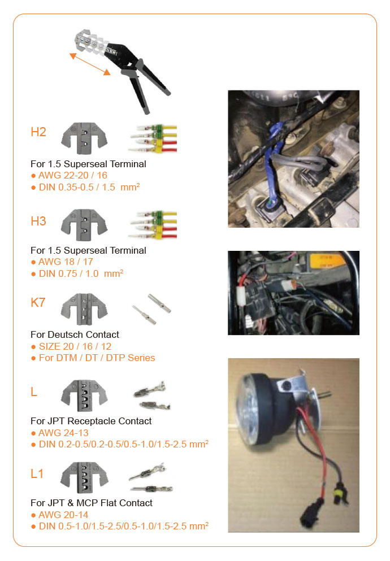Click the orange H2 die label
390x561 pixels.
pyautogui.click(x=38, y=132)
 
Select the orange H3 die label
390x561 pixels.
pyautogui.click(x=38, y=221)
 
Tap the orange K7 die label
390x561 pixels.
pyautogui.click(x=38, y=302)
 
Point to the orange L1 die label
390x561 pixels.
pyautogui.click(x=37, y=473)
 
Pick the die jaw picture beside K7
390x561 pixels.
pyautogui.click(x=84, y=309)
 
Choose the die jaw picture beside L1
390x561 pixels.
pyautogui.click(x=84, y=477)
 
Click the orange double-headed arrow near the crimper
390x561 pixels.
pyautogui.click(x=90, y=64)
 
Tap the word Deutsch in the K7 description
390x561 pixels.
pyautogui.click(x=65, y=334)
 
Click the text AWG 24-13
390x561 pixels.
pyautogui.click(x=63, y=433)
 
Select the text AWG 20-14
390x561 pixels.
pyautogui.click(x=63, y=515)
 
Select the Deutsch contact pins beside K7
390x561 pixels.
pyautogui.click(x=151, y=309)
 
